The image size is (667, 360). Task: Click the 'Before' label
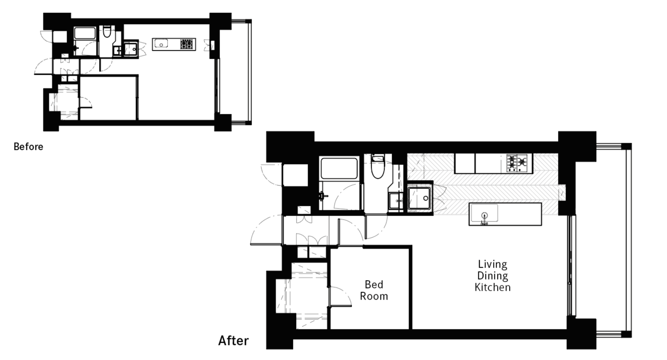tap(28, 146)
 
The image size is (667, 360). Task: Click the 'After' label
tap(233, 340)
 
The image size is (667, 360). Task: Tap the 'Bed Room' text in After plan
tap(374, 290)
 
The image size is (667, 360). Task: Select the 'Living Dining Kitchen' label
tap(493, 276)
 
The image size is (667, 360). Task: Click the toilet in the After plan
tap(378, 167)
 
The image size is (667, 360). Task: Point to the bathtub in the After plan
tap(338, 168)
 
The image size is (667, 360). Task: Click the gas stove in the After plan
tap(517, 163)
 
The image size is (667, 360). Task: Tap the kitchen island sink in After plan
tap(484, 213)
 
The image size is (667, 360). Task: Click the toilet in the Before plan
tap(107, 32)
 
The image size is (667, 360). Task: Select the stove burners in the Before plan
tap(187, 44)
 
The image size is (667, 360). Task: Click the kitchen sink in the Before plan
tap(161, 44)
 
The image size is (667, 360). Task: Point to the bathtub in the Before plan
tap(85, 33)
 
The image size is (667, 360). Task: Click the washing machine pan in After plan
tap(419, 198)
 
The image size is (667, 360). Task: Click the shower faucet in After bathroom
tap(322, 196)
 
